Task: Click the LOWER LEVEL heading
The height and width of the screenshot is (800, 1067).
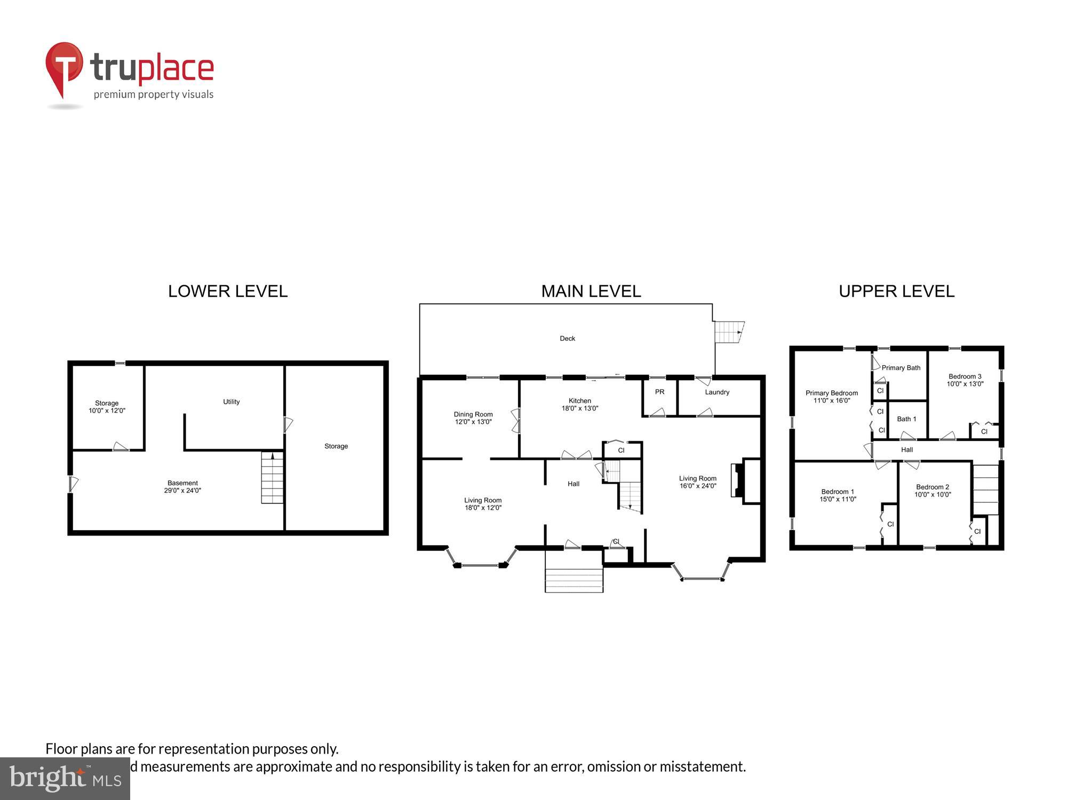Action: [x=228, y=291]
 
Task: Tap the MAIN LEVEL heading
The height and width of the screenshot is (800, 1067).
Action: [x=591, y=291]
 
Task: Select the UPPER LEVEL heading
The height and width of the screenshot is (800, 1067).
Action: [x=896, y=291]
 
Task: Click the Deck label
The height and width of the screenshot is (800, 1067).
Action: [x=567, y=339]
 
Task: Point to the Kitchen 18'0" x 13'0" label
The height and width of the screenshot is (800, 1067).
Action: [x=580, y=405]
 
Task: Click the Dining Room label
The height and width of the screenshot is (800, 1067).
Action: [x=473, y=418]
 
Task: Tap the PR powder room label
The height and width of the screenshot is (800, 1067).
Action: [x=659, y=392]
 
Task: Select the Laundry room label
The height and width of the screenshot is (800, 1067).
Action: [x=716, y=392]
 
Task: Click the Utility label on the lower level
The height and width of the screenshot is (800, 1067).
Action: [x=231, y=402]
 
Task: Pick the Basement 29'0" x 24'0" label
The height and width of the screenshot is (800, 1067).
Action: [x=182, y=487]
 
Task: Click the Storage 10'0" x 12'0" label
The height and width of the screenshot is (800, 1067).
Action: [x=107, y=407]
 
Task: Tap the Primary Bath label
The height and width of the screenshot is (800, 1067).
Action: [x=901, y=368]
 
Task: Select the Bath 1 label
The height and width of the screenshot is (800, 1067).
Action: [x=906, y=419]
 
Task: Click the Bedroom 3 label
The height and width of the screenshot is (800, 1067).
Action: [x=965, y=380]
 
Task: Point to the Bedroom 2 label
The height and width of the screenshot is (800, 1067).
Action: [x=933, y=491]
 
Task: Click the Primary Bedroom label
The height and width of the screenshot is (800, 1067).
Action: [x=832, y=397]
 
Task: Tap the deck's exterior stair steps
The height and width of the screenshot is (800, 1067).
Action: [x=729, y=332]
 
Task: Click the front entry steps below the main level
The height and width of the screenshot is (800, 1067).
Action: [x=574, y=579]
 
